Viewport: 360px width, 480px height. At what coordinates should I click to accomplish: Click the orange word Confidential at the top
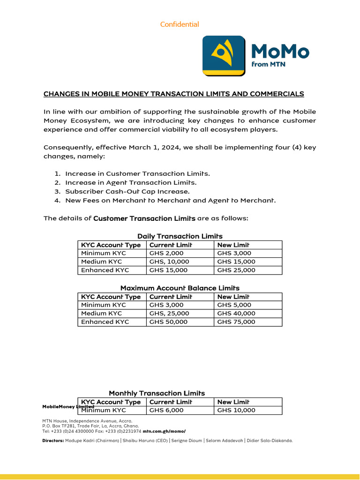(180, 24)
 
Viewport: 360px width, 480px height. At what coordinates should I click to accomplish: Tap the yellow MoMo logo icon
(224, 55)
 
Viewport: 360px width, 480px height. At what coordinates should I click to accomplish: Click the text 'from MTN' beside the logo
(268, 64)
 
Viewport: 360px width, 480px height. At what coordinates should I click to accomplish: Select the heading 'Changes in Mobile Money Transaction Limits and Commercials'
(173, 94)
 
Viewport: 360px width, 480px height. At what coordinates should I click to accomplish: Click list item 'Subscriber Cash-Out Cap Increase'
(127, 191)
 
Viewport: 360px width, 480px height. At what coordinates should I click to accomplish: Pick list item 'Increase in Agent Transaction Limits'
(131, 182)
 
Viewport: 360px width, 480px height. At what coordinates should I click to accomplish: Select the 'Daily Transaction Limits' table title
(180, 236)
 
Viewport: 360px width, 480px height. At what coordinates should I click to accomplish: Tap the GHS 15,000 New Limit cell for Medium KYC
(236, 262)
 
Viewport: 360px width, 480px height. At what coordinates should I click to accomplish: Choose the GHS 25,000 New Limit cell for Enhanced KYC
(236, 270)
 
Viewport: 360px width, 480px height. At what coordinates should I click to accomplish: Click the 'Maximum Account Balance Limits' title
(180, 288)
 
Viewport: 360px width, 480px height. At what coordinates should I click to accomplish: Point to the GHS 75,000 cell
(236, 322)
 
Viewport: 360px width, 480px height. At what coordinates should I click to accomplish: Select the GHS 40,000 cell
(236, 313)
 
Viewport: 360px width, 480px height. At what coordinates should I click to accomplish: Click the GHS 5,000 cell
(234, 305)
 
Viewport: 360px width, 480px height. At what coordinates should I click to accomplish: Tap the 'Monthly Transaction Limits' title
(157, 393)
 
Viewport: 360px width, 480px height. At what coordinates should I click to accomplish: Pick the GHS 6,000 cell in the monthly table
(166, 410)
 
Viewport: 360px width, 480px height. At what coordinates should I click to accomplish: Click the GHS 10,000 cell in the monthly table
(236, 410)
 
